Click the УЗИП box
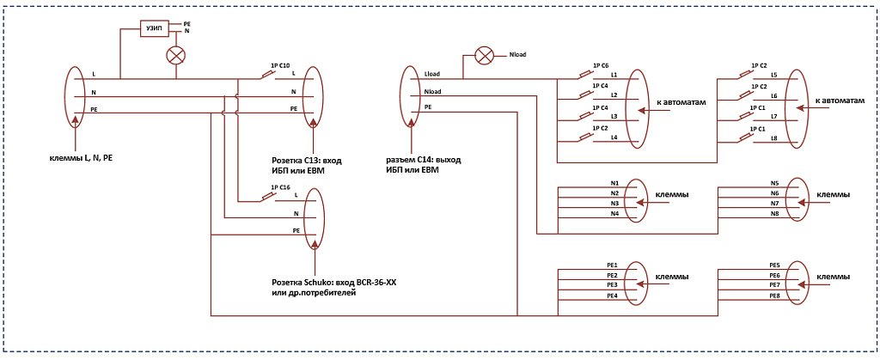[x=154, y=29]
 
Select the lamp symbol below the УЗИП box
[x=176, y=55]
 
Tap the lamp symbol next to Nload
[x=483, y=55]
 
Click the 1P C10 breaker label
[x=280, y=65]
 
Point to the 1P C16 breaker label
[x=280, y=186]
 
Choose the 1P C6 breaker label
[x=600, y=65]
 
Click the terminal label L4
[x=614, y=137]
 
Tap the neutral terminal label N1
[x=614, y=183]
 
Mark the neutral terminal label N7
[x=774, y=203]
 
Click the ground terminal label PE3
[x=612, y=285]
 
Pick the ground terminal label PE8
[x=774, y=296]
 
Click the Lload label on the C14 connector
[x=432, y=74]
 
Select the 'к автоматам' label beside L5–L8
[x=840, y=101]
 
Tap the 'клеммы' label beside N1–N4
[x=672, y=194]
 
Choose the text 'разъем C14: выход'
[x=421, y=160]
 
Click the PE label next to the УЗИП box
[x=186, y=25]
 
